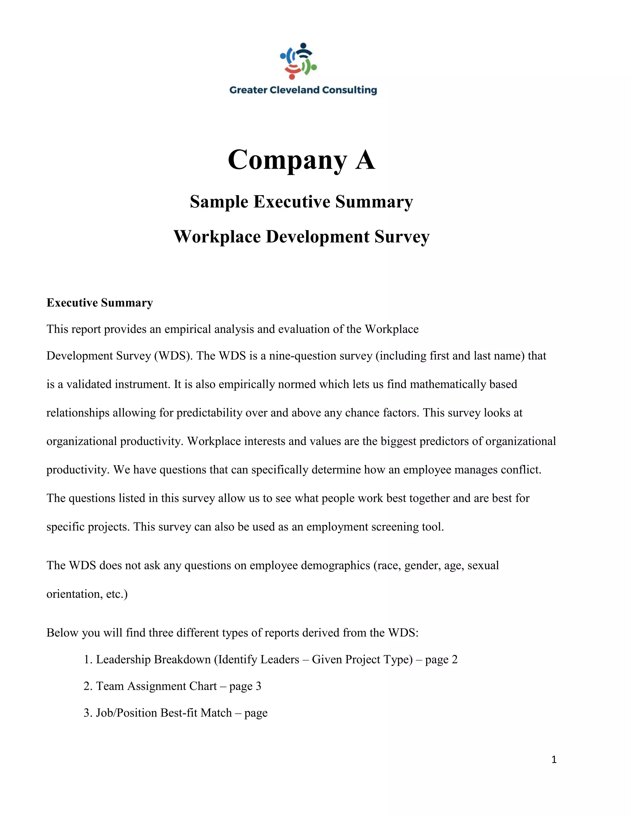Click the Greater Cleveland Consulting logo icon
coord(299,61)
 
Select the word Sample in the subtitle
coord(219,202)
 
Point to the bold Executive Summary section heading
coord(100,303)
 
